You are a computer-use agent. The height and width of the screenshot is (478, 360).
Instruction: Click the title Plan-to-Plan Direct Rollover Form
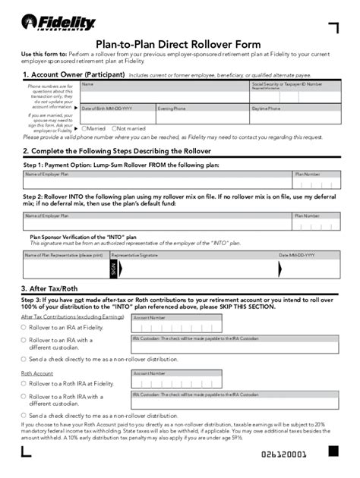pyautogui.click(x=179, y=45)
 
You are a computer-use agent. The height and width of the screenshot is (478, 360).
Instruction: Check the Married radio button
pyautogui.click(x=84, y=128)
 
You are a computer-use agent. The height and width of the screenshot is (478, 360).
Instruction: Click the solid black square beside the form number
pyautogui.click(x=333, y=451)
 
